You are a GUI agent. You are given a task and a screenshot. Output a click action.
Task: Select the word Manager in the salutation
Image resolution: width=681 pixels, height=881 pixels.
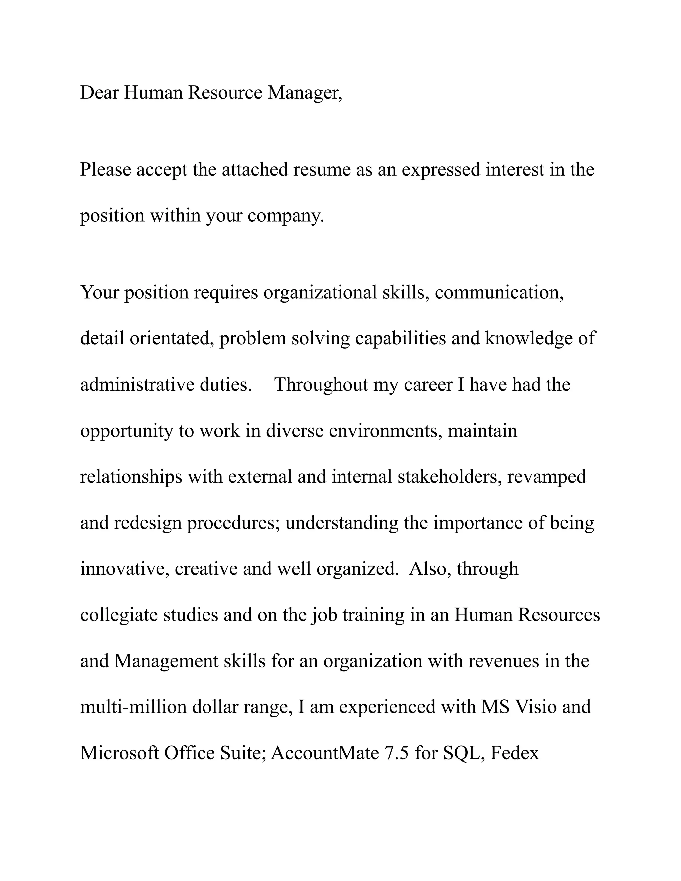coord(303,93)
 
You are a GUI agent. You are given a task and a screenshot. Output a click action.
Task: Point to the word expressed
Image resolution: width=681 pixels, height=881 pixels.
coord(441,170)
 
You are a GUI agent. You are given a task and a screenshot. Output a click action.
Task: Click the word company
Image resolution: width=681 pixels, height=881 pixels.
coord(285,216)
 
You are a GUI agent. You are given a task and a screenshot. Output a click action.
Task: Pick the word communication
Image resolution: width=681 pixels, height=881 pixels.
coord(499,292)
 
